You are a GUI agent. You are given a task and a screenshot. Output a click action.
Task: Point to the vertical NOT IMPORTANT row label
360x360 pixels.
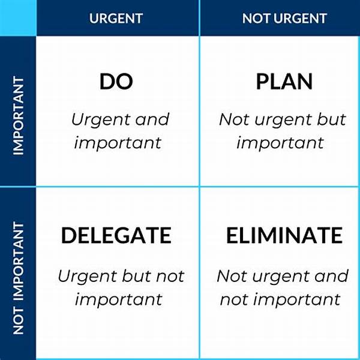19,278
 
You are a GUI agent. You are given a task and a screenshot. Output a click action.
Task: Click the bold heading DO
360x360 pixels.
116,82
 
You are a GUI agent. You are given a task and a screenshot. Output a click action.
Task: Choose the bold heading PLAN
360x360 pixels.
284,82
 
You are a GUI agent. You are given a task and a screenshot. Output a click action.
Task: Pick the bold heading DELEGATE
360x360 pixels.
116,235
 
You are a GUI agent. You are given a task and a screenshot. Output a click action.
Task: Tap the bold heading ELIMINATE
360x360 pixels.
284,235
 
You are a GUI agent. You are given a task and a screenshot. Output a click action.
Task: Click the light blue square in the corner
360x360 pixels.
17,17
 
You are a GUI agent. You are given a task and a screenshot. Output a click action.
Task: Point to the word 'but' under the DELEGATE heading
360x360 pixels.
137,277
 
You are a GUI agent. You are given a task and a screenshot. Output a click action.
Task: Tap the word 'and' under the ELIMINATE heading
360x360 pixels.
331,277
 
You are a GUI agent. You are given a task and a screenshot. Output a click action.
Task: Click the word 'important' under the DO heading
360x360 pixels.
116,143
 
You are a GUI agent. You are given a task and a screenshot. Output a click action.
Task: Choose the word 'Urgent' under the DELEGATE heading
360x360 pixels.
88,277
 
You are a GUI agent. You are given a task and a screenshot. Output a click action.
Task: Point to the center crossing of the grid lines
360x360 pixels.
199,187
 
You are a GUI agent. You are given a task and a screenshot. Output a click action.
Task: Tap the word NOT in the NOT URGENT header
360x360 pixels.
254,18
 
